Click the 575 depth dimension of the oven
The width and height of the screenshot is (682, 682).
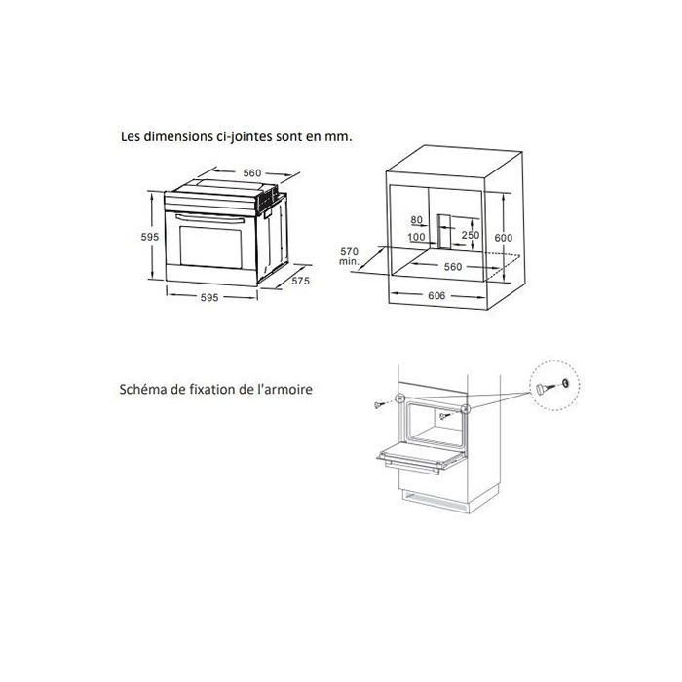click(300, 281)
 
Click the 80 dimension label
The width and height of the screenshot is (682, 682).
click(418, 220)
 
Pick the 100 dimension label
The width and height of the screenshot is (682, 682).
click(417, 237)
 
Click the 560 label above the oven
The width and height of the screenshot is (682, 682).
click(252, 173)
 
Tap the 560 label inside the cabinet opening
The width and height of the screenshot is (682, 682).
click(452, 265)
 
